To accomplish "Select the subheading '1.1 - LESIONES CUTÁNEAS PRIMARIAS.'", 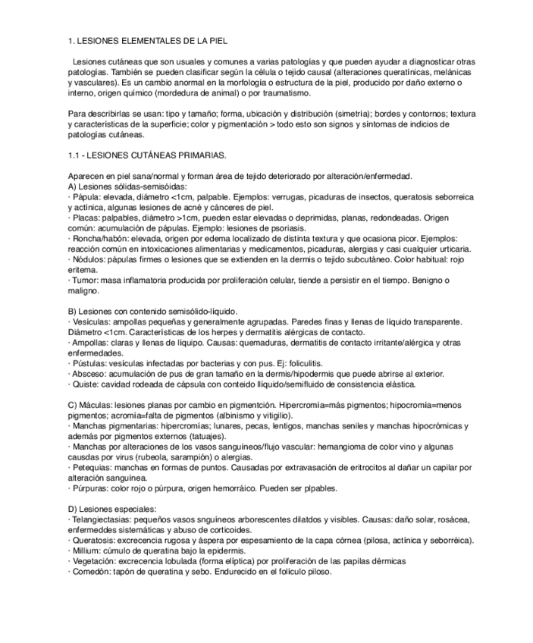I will click(x=146, y=155).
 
